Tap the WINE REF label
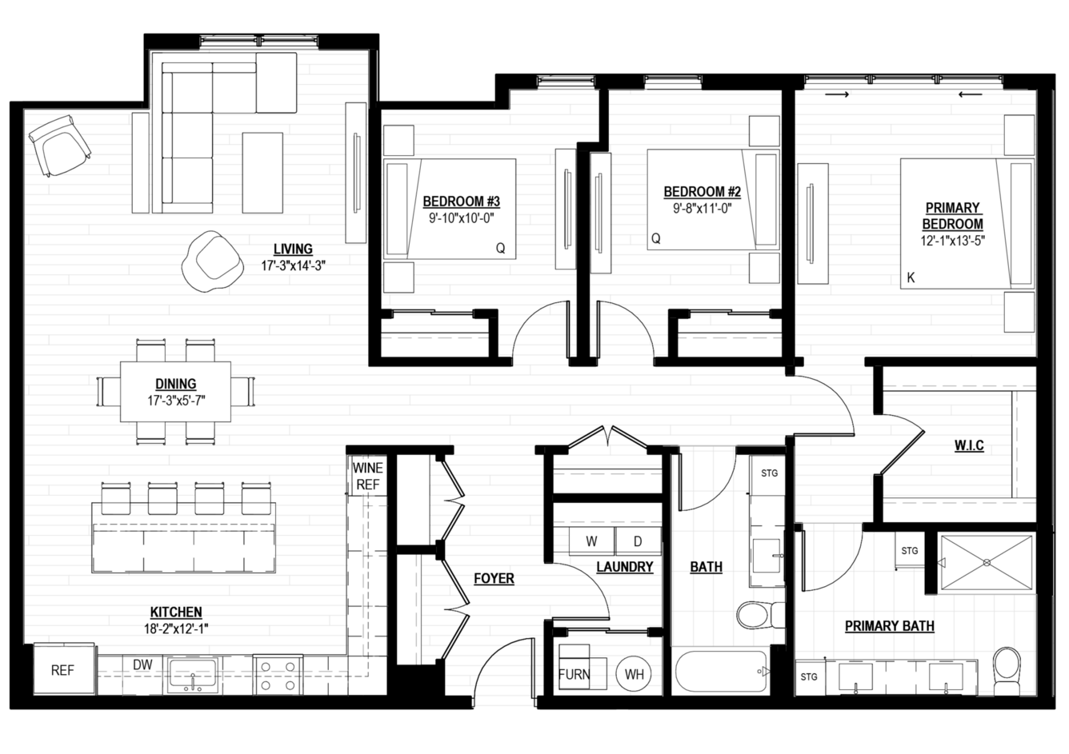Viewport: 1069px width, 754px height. coord(367,476)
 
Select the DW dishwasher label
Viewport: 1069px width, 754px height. coord(142,664)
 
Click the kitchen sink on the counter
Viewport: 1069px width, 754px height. coord(193,675)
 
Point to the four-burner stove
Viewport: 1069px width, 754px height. coord(278,676)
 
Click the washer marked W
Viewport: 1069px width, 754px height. coord(591,541)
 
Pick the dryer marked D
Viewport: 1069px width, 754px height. coord(638,541)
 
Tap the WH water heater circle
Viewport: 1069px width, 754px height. coord(634,674)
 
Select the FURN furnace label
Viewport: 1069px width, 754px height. coord(575,674)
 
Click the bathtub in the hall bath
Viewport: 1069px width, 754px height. coord(721,671)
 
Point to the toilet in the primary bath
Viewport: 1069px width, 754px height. coord(1007,671)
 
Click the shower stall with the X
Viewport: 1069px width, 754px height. coord(987,563)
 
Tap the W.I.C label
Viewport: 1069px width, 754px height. coord(969,445)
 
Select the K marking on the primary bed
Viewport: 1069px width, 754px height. coord(911,277)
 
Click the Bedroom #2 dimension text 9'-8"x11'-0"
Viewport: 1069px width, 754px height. coord(702,209)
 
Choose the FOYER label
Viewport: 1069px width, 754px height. coord(494,578)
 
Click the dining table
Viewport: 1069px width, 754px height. coord(175,392)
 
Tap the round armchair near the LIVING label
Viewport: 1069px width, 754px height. coord(212,261)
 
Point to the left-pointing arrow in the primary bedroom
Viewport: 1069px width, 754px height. coord(971,94)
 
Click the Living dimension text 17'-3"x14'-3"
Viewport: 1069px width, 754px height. coord(293,265)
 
